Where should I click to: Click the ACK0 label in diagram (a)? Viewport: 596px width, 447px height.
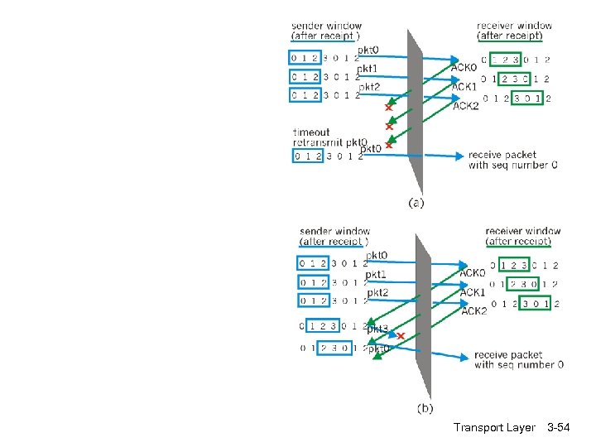464,67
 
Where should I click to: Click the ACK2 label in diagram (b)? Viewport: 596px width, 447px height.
474,311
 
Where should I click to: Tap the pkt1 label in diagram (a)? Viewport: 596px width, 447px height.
368,68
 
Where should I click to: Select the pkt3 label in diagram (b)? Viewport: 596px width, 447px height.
378,329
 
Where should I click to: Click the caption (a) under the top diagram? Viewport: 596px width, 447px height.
416,201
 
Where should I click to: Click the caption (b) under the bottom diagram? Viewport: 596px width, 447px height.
425,407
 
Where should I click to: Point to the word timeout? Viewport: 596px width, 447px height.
311,132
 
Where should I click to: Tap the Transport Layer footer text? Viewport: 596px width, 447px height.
494,428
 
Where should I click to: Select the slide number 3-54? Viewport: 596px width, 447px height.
565,428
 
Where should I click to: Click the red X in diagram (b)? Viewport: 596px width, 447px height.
401,336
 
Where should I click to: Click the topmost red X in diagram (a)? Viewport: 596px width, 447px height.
387,108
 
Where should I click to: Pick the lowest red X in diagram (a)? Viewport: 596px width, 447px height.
388,145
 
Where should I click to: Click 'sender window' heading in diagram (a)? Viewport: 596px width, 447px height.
326,26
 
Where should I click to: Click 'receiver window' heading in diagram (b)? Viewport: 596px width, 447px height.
522,231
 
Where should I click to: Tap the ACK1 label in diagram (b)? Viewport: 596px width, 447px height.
473,292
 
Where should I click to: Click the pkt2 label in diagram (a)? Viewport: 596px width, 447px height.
369,87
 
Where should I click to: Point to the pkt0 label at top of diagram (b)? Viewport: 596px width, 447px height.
377,256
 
